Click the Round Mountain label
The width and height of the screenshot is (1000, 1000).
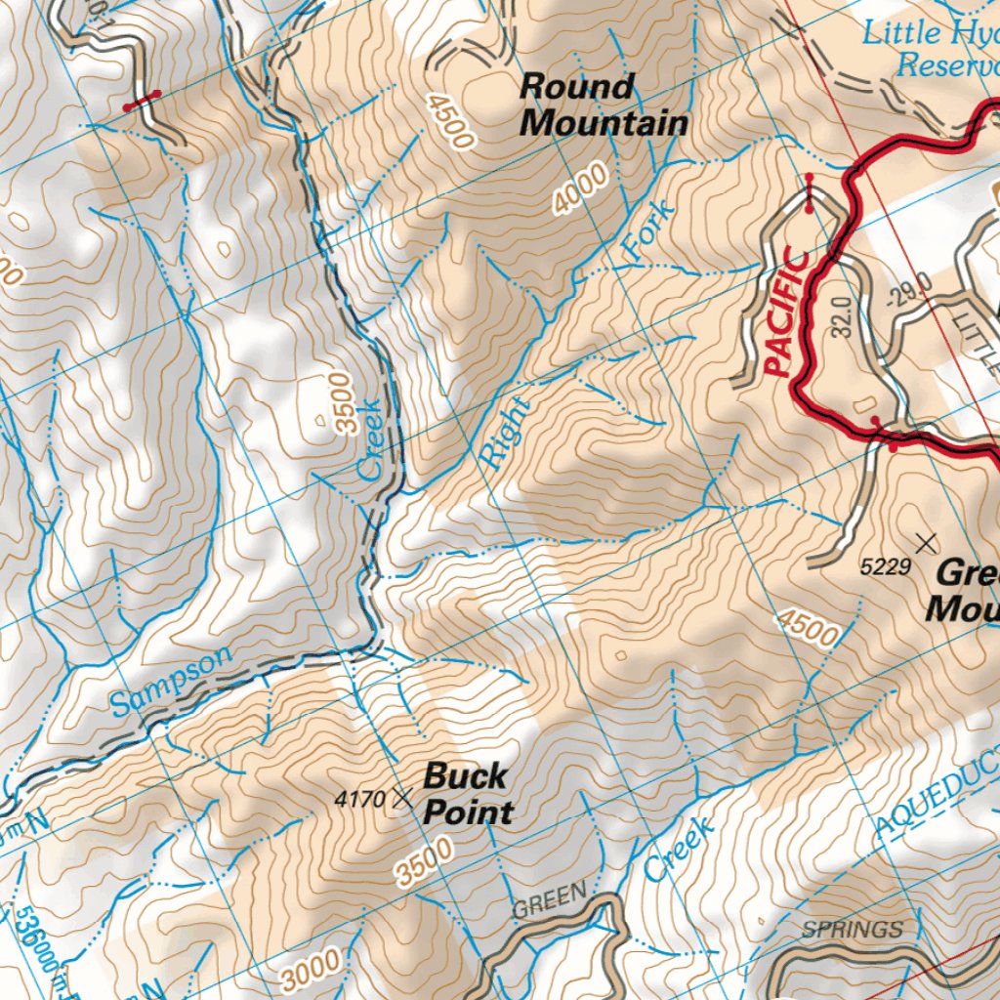[x=603, y=104]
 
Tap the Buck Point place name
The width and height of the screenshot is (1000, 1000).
[x=468, y=794]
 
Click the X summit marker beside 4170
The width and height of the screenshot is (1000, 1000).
[x=401, y=799]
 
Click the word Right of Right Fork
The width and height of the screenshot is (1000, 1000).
[x=505, y=435]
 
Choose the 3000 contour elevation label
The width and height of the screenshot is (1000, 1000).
[x=312, y=968]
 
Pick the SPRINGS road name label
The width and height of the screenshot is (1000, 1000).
[x=852, y=929]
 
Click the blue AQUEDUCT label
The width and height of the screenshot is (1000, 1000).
[x=936, y=791]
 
